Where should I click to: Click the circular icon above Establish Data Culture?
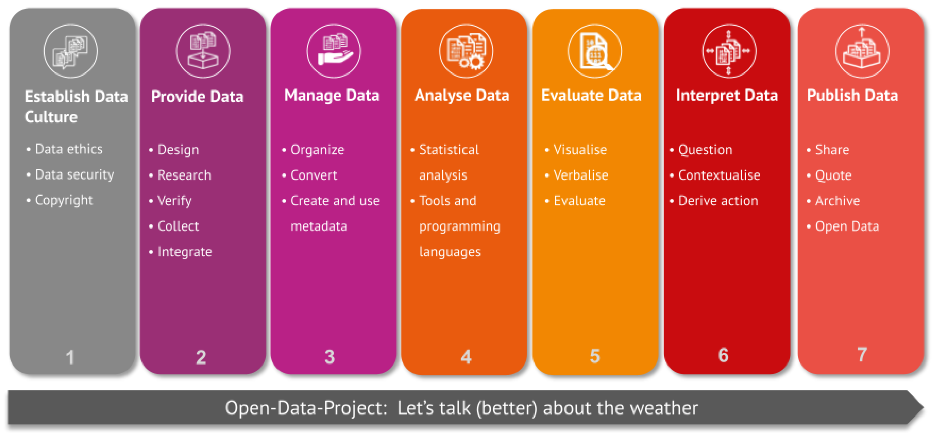(x=70, y=51)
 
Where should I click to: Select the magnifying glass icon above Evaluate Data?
(x=595, y=51)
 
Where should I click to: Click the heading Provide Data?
(x=197, y=97)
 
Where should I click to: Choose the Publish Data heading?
(x=852, y=95)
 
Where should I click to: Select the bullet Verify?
(x=174, y=201)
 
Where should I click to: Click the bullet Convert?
(x=314, y=175)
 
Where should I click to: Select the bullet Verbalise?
(x=581, y=175)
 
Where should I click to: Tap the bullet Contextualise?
(x=719, y=175)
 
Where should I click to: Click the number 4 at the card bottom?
(x=466, y=357)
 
